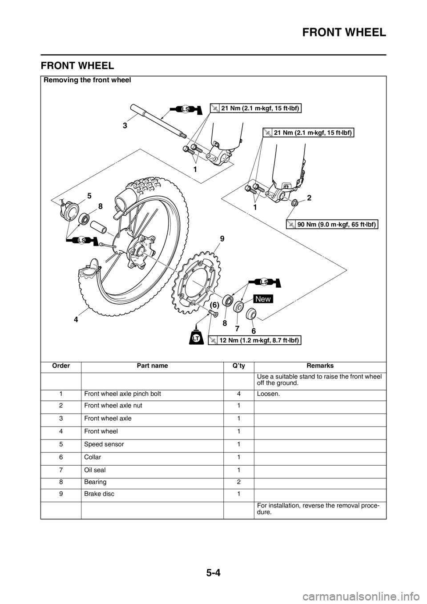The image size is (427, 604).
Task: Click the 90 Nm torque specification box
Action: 331,224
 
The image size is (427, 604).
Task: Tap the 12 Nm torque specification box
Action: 254,340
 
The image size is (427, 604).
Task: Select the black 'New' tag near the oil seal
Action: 263,299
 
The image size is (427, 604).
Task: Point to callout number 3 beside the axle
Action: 125,126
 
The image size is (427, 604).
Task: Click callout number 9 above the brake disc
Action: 222,239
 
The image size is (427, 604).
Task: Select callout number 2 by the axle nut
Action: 309,198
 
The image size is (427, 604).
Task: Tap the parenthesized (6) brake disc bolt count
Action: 215,305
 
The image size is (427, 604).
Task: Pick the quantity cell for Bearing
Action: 238,482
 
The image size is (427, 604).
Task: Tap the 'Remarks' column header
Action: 320,366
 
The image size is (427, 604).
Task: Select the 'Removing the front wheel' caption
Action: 87,80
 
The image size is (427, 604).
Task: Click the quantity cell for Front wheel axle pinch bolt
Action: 238,394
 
